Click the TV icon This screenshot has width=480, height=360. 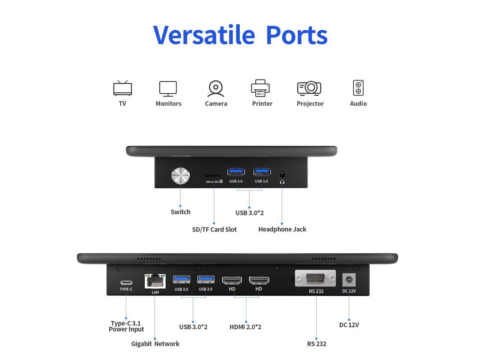[123, 88]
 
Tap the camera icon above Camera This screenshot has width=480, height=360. [216, 88]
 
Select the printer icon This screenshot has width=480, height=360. [260, 88]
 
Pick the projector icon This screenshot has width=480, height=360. [309, 88]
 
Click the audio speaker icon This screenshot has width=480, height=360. [358, 88]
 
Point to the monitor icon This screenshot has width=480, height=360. [168, 88]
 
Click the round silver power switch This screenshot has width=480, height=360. [180, 175]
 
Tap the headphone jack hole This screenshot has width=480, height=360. [282, 174]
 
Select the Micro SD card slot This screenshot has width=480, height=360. [213, 175]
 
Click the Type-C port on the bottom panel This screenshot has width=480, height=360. [126, 282]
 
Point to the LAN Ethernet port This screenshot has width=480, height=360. [155, 281]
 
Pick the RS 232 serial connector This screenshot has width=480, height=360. [315, 278]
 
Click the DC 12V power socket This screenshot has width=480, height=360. [349, 280]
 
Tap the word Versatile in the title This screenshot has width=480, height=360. [204, 35]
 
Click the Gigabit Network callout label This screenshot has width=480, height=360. [155, 343]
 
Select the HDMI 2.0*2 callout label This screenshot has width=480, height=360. [245, 327]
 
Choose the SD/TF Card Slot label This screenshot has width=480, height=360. [214, 229]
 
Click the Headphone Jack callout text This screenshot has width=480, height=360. [282, 229]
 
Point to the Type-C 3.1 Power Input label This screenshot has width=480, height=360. [126, 326]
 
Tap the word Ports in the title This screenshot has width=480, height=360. [296, 35]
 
